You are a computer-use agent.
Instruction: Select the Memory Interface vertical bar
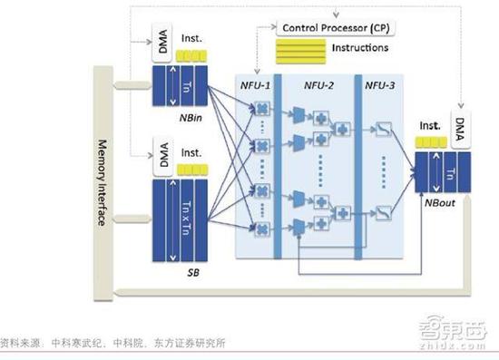(x=102, y=182)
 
